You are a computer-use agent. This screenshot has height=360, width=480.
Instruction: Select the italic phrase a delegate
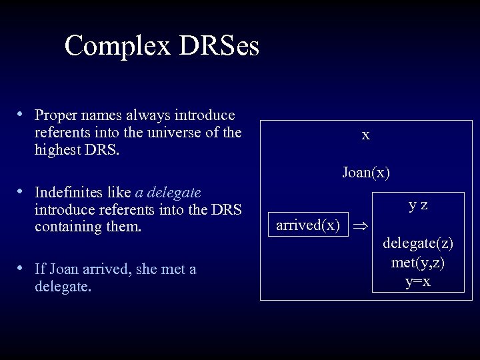point(168,194)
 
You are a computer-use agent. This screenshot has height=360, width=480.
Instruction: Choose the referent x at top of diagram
point(365,135)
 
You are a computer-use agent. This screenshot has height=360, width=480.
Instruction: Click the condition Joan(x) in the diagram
point(366,173)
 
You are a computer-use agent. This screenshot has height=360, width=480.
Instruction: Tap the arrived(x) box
point(307,225)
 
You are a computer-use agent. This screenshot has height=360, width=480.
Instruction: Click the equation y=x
point(418,282)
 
